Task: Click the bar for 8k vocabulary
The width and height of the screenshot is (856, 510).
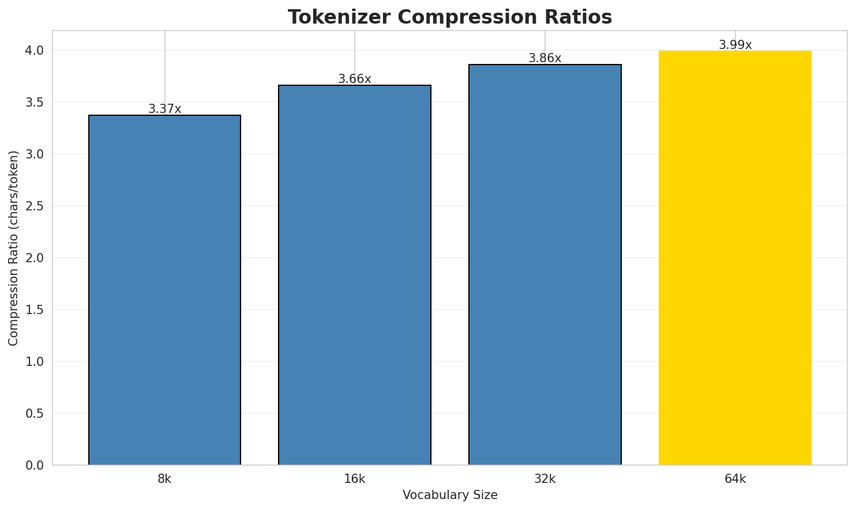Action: pos(164,290)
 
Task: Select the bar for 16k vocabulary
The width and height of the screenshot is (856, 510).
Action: pos(355,275)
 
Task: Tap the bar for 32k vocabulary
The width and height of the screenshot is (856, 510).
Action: pos(545,265)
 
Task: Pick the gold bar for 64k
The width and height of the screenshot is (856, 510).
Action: pos(735,258)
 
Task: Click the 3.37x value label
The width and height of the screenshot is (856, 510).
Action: pos(164,109)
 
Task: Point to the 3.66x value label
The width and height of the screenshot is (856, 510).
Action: pos(355,79)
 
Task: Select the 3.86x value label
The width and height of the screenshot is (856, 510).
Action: pos(545,58)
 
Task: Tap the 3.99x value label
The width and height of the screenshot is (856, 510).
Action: pos(735,45)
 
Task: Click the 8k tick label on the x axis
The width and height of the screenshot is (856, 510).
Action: pos(164,479)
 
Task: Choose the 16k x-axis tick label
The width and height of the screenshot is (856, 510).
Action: pos(355,479)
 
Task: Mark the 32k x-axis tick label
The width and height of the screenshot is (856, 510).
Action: pos(545,479)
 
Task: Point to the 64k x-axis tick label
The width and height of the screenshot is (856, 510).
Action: pos(735,479)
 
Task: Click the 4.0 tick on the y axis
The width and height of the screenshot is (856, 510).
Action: pos(36,51)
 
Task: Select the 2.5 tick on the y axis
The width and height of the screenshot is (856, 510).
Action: pos(36,206)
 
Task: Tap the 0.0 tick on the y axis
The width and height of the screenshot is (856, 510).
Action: pos(36,465)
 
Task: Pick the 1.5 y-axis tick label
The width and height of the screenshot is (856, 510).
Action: pos(36,310)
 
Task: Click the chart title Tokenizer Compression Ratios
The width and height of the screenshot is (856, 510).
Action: pos(450,17)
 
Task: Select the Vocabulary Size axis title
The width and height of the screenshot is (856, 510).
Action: pos(450,495)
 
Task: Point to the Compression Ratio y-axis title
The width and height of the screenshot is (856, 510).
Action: pos(13,248)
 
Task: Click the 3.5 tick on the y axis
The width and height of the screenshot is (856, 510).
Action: pos(36,103)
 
